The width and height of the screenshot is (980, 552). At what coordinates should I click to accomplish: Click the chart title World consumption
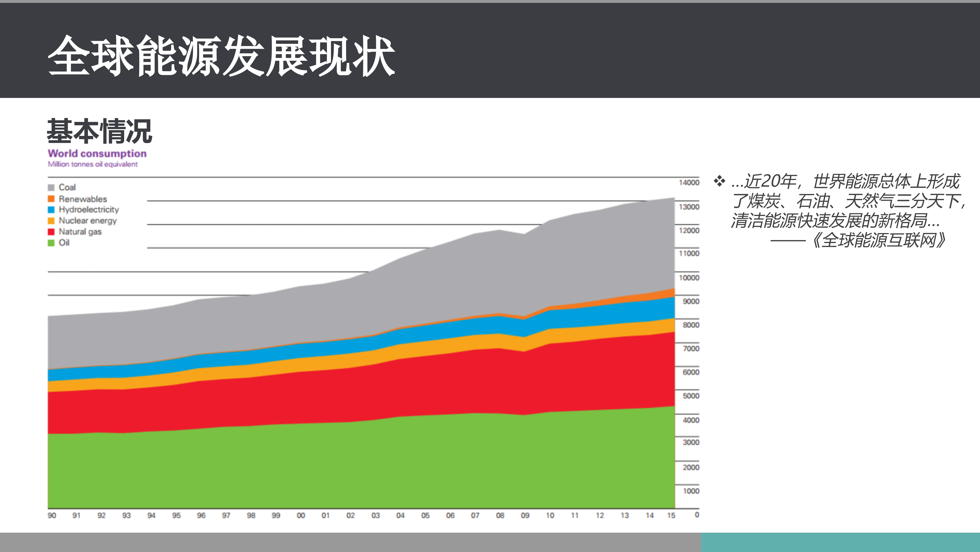click(97, 154)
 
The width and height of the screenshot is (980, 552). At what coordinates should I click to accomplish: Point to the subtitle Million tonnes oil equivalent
click(92, 164)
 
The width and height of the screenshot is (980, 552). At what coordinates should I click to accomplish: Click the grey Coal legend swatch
click(51, 187)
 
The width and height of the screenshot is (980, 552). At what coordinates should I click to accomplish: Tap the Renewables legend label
click(82, 199)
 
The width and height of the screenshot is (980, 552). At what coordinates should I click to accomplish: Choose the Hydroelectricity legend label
click(89, 209)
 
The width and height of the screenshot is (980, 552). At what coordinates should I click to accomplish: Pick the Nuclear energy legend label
click(87, 221)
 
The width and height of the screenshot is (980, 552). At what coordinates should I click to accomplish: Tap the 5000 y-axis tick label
click(690, 396)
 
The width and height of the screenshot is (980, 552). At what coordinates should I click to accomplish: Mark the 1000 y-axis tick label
click(690, 491)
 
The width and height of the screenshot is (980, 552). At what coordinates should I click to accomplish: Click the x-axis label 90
click(52, 515)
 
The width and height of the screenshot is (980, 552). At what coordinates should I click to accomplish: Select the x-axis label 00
click(301, 515)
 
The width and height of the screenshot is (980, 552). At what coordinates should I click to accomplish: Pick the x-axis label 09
click(525, 515)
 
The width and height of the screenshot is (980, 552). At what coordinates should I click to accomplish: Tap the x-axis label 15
click(671, 515)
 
